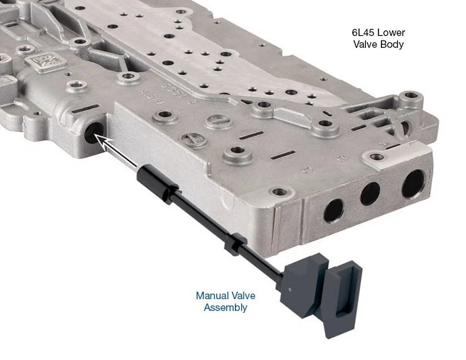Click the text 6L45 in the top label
(x=364, y=32)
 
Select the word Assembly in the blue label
(x=226, y=307)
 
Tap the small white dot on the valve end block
(x=290, y=287)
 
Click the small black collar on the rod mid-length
(x=232, y=245)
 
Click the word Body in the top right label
(x=393, y=44)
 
